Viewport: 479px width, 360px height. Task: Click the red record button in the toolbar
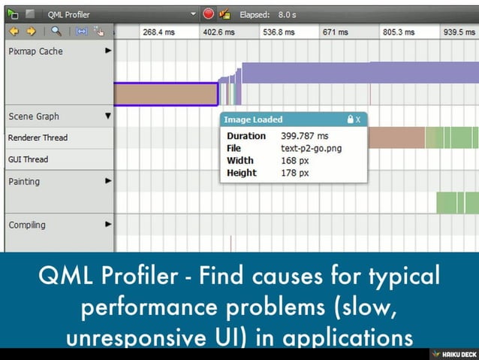pos(208,14)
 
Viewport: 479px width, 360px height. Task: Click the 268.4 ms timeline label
pos(158,32)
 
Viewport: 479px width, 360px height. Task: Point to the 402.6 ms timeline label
pos(218,32)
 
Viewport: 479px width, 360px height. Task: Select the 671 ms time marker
pos(335,32)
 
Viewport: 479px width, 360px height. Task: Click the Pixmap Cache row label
pos(35,51)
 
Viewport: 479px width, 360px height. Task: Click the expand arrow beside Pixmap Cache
pos(108,51)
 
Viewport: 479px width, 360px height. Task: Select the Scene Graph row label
pos(34,116)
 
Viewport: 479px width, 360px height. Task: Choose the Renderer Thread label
pos(38,138)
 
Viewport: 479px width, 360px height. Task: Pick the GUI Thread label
pos(28,159)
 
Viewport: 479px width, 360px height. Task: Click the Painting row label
pos(26,181)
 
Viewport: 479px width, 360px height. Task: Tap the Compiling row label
pos(27,225)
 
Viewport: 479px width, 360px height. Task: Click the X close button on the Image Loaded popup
pos(358,119)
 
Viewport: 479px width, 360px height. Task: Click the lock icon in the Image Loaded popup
pos(349,119)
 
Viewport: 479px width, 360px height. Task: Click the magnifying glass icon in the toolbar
pos(56,32)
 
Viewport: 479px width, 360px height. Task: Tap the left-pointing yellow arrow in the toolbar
pos(14,32)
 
